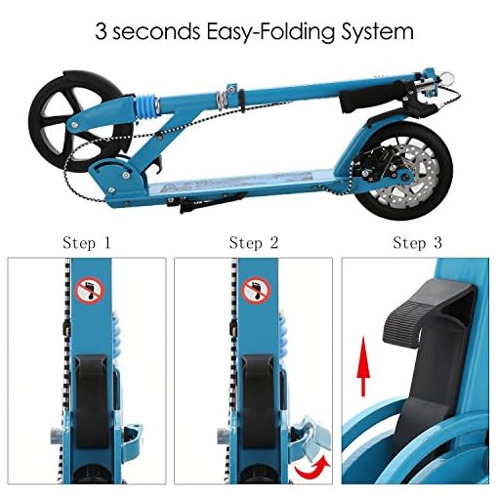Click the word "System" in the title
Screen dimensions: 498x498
(377, 32)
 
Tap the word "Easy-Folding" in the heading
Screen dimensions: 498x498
(270, 32)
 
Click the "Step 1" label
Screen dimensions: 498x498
(87, 243)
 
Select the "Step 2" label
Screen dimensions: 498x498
(254, 243)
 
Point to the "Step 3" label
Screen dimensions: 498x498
(418, 243)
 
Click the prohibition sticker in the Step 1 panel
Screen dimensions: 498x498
(90, 290)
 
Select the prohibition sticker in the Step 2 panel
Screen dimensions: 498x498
(256, 290)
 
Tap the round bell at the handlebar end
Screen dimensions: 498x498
(448, 78)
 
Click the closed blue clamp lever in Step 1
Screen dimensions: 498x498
(132, 436)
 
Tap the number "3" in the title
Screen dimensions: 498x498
(101, 32)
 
